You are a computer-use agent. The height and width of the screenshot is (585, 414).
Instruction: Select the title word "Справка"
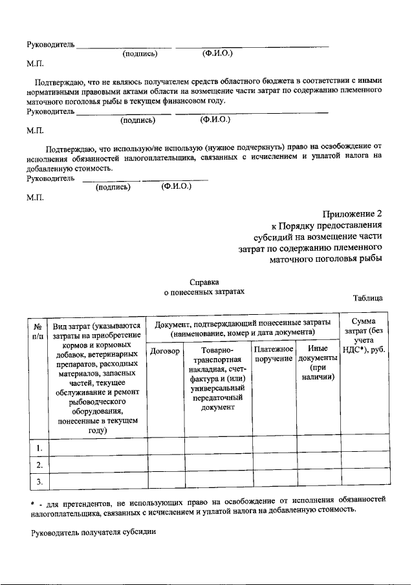204,282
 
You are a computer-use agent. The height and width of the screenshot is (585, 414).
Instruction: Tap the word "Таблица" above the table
368,298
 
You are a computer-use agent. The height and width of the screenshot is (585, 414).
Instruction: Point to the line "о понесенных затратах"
204,293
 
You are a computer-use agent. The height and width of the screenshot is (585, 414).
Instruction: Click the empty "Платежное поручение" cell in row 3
274,482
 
